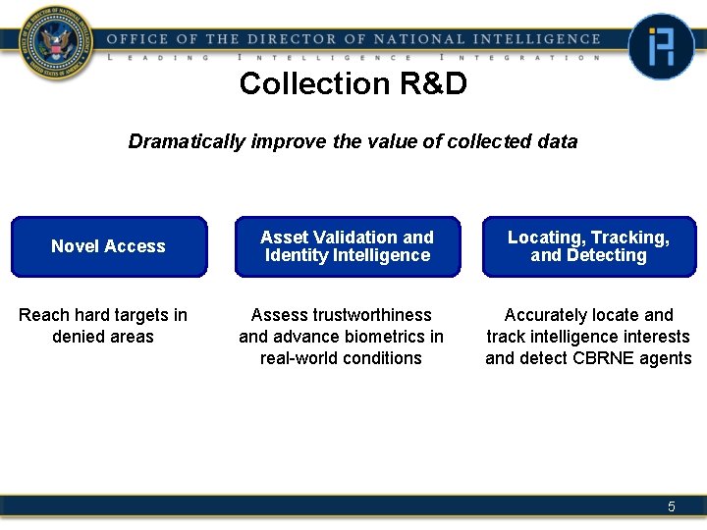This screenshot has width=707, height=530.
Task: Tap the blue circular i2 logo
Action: pos(661,46)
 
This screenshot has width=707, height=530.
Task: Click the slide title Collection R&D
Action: pos(353,84)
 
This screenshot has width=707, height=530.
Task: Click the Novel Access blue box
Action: pos(109,246)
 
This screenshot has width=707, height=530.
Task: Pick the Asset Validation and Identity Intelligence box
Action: pos(347,246)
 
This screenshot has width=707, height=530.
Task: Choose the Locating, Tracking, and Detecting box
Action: pos(588,246)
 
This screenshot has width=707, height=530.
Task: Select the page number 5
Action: pos(672,506)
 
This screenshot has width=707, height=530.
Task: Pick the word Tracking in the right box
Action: pos(630,238)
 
